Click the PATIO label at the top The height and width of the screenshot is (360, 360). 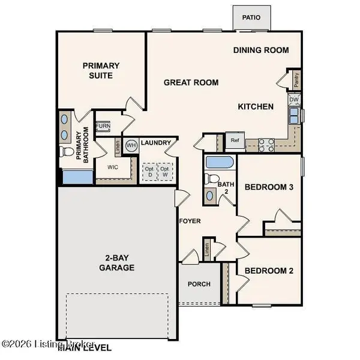tap(251, 17)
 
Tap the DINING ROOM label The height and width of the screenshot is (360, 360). tap(261, 50)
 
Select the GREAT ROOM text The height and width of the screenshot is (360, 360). tap(191, 82)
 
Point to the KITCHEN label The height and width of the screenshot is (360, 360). tap(256, 107)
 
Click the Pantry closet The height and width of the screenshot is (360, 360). tap(296, 77)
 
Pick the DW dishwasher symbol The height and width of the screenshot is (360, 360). tap(294, 100)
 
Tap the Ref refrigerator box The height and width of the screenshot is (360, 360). tap(235, 140)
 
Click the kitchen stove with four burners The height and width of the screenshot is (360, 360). tap(266, 143)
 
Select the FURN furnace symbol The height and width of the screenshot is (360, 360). tap(103, 126)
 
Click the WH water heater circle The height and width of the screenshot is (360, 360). tap(131, 145)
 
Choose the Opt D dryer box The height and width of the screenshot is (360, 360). tap(148, 171)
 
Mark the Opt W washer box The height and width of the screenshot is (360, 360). tap(164, 171)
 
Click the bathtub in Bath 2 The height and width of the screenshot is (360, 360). tap(218, 163)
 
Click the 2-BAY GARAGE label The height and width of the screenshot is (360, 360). tap(116, 262)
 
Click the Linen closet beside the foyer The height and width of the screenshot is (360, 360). tap(206, 251)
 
